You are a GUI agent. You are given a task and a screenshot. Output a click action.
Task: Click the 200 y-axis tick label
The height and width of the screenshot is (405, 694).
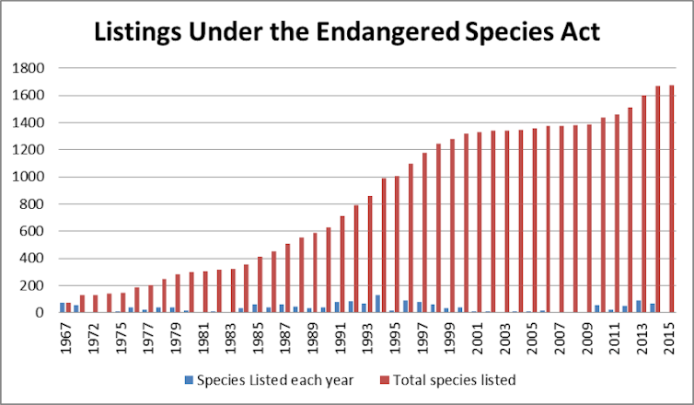[36, 285]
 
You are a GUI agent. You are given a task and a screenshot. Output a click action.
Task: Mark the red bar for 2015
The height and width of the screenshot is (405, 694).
[672, 199]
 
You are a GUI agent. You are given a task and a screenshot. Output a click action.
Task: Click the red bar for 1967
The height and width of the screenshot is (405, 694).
[68, 307]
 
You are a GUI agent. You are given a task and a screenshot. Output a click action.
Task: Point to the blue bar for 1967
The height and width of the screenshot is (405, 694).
[63, 307]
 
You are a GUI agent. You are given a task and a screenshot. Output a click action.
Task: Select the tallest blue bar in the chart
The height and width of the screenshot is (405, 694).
[377, 304]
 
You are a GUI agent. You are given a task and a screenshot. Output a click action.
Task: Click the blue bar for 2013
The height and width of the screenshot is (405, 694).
[639, 307]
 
